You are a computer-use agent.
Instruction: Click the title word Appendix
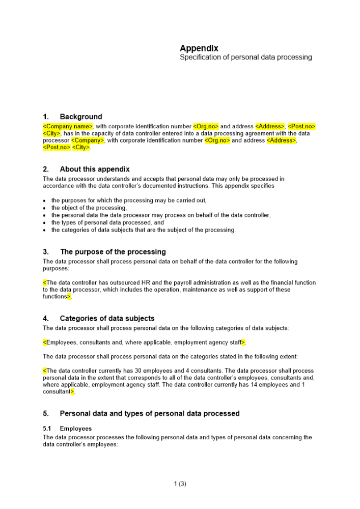point(199,48)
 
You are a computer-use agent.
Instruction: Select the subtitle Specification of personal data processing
point(245,58)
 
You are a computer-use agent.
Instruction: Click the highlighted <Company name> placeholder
point(68,126)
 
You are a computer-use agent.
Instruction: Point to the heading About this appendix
point(95,169)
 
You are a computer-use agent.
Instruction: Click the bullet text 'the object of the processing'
point(89,208)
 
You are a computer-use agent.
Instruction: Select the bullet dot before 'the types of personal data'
point(45,223)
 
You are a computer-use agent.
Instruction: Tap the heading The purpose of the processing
point(113,252)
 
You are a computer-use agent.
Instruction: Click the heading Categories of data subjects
point(107,319)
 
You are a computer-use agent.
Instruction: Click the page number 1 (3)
point(180,484)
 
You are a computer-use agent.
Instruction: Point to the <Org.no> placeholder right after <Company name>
point(206,126)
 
